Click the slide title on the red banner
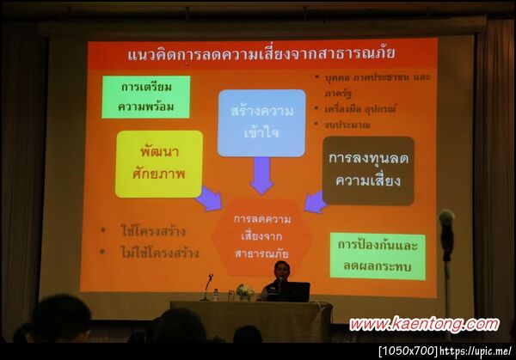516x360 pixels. pos(261,54)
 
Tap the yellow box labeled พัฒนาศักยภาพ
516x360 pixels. pos(158,163)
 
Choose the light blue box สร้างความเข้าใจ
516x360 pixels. pos(261,122)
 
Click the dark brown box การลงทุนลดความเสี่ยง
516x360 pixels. pos(368,170)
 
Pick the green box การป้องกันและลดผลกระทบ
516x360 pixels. pos(377,255)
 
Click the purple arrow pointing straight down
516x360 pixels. pos(261,175)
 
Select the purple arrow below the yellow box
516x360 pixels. pos(208,199)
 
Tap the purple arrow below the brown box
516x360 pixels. pos(316,202)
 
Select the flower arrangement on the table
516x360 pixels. pos(245,292)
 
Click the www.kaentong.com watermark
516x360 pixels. pos(423,325)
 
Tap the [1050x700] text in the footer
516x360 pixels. pos(408,351)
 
